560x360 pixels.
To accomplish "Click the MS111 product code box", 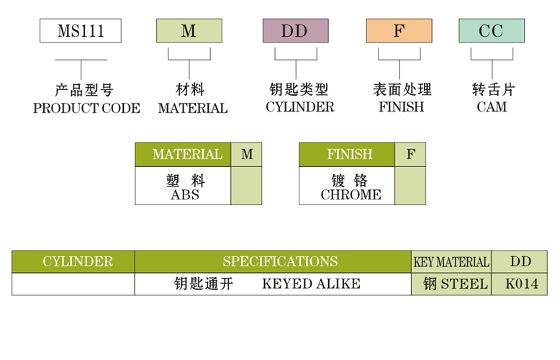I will click(x=80, y=31).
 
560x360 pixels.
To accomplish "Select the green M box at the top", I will click(x=189, y=31).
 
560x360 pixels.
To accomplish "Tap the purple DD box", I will click(x=295, y=31).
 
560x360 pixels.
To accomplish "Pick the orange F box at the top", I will click(x=399, y=31).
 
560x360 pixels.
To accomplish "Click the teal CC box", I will click(x=492, y=31).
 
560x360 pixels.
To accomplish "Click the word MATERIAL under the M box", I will click(x=193, y=108).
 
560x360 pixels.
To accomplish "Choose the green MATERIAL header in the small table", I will click(x=184, y=155).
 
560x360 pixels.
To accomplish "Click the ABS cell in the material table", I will click(x=184, y=194).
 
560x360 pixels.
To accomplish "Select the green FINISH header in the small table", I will click(x=347, y=155).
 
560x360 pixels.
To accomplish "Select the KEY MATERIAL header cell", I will click(x=451, y=262).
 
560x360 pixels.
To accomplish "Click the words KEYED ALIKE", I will click(x=311, y=284).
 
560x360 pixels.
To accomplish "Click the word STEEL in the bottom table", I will click(x=463, y=284).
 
